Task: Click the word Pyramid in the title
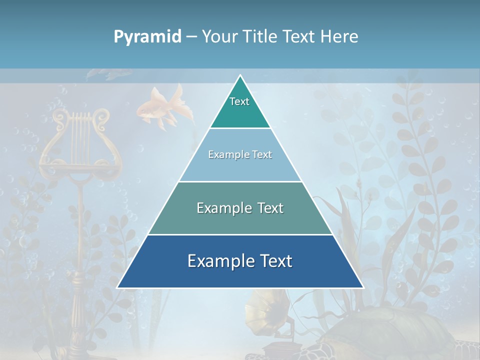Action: tap(147, 37)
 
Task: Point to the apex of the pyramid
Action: tap(240, 76)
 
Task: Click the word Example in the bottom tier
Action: tap(218, 261)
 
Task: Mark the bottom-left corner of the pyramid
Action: tap(117, 287)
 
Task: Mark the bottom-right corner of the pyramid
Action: tap(363, 287)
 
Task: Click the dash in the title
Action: tap(191, 36)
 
